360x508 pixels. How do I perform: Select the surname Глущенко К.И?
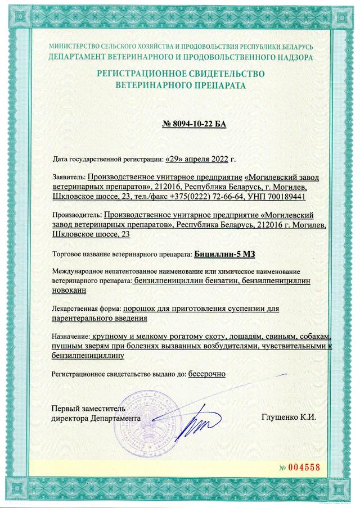pyautogui.click(x=289, y=418)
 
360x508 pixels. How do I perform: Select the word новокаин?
pyautogui.click(x=72, y=290)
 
